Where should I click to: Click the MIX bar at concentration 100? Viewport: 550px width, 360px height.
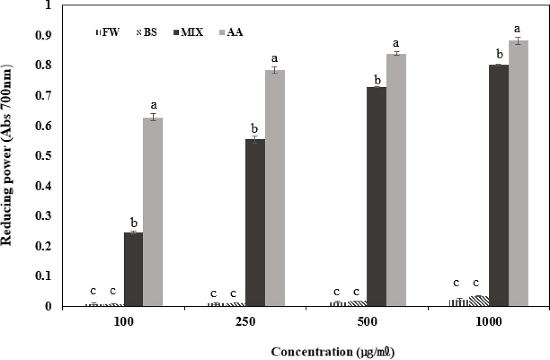(x=133, y=269)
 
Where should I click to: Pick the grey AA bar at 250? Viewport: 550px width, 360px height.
(x=275, y=188)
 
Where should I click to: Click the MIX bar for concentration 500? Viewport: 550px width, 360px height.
(x=376, y=196)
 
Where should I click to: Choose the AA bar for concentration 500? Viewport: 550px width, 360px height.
(x=396, y=180)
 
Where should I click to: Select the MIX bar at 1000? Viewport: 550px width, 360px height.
(x=499, y=185)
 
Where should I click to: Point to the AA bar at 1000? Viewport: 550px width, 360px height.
(x=518, y=173)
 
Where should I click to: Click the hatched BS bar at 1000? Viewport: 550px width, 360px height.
(x=479, y=301)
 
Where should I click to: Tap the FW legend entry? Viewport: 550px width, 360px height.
(x=108, y=32)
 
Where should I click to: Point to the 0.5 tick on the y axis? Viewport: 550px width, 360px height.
(x=43, y=156)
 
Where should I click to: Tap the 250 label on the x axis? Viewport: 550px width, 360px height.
(x=245, y=322)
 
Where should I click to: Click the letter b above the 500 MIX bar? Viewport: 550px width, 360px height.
(x=377, y=80)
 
